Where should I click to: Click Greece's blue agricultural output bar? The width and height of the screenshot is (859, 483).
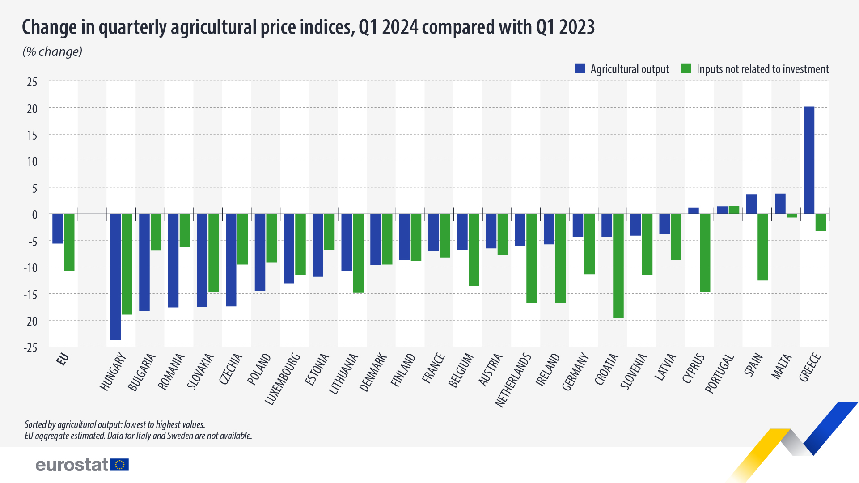point(809,160)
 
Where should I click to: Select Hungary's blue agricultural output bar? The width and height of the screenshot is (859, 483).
point(115,277)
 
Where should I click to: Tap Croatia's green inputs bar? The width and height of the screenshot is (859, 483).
point(618,266)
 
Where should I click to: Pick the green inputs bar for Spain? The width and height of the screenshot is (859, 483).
point(762,247)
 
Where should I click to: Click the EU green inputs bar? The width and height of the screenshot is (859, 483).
point(69,242)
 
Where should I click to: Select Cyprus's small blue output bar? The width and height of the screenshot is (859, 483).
point(693,211)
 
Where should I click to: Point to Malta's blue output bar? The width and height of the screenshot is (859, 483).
point(780,203)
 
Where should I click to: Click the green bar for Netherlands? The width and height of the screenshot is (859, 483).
point(531,258)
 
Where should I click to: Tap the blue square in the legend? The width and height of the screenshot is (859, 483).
point(580,68)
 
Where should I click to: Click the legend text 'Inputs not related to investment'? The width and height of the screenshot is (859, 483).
point(762,69)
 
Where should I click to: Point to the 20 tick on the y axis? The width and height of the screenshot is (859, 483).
point(32,109)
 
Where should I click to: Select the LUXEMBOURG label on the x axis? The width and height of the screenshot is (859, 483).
point(283,379)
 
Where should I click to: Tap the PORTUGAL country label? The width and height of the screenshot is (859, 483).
point(720,373)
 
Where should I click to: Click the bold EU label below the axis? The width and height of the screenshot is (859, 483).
point(63,359)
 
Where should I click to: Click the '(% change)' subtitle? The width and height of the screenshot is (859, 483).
point(52,52)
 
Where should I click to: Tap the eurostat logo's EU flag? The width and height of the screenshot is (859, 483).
point(119,465)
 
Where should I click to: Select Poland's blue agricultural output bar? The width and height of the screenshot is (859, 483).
point(260,252)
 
